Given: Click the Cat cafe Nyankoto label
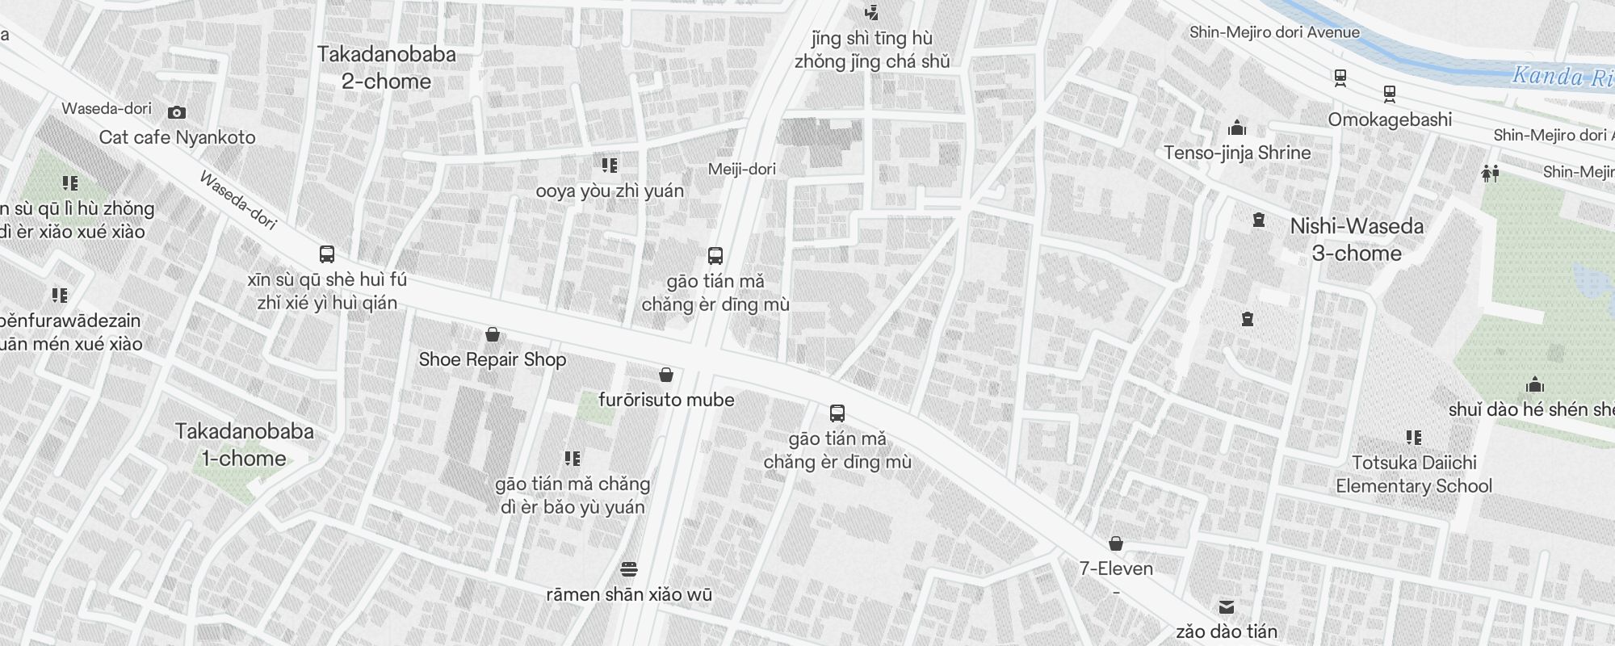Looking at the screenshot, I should click(x=177, y=137).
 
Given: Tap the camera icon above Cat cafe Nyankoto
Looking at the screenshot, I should click(x=177, y=112).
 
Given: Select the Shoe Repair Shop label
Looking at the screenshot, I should click(x=492, y=359).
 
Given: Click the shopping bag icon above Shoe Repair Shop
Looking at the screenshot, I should click(x=492, y=334).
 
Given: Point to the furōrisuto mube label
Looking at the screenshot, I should click(x=666, y=400).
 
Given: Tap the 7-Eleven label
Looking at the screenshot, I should click(x=1116, y=568).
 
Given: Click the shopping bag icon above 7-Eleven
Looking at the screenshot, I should click(x=1116, y=543).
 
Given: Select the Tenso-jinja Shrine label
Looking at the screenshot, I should click(x=1237, y=153).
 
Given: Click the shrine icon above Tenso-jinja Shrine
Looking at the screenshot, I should click(x=1237, y=128).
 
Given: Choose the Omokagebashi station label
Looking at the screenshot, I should click(x=1390, y=120).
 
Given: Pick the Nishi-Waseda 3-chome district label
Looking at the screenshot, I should click(x=1357, y=240).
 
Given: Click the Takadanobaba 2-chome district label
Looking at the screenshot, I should click(x=386, y=68).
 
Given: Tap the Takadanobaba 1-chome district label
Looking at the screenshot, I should click(x=244, y=445).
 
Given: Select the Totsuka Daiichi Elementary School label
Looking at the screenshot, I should click(x=1414, y=474).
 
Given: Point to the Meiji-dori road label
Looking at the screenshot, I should click(x=741, y=169).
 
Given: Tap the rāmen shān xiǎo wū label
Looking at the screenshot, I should click(x=629, y=595).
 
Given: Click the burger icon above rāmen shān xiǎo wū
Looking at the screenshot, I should click(x=629, y=569).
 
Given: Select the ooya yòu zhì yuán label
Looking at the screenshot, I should click(x=610, y=191).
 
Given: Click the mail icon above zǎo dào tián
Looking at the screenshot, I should click(x=1227, y=606).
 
